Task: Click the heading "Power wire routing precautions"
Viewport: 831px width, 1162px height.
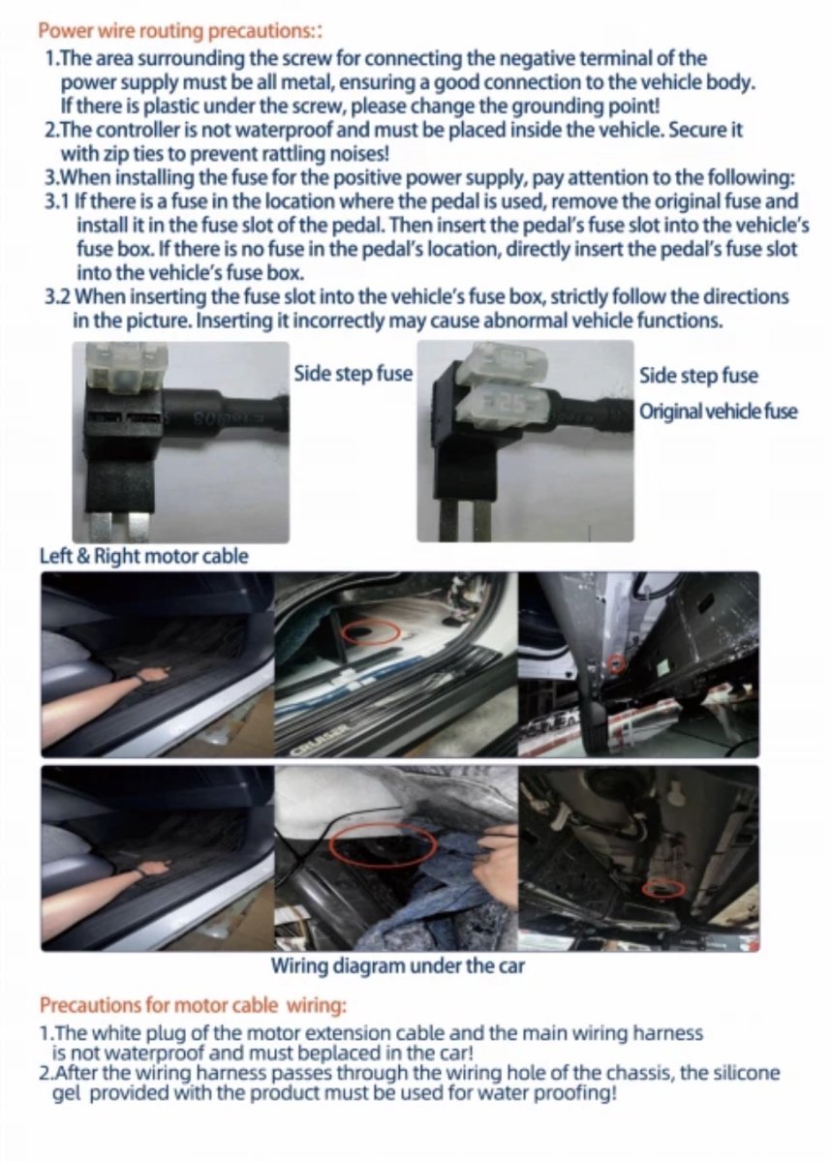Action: (x=180, y=31)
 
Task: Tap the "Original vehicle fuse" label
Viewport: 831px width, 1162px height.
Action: (x=718, y=412)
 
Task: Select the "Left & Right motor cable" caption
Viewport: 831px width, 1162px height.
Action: (x=144, y=556)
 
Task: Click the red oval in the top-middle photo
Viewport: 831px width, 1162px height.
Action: (x=371, y=631)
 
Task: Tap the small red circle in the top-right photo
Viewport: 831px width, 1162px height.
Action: (x=617, y=663)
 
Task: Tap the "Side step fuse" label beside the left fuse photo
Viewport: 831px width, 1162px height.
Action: (x=354, y=374)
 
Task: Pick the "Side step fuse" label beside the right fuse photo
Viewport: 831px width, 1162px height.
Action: (x=698, y=376)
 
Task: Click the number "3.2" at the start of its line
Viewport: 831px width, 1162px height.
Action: (x=59, y=297)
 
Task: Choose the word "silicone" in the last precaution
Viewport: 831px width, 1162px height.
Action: (x=743, y=1073)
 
